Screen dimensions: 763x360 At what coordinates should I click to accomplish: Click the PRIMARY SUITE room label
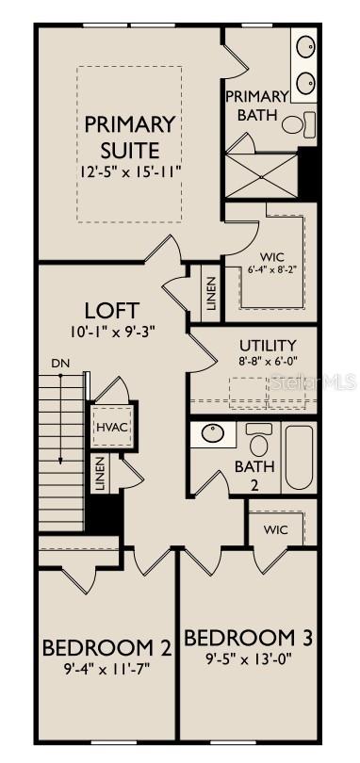[130, 137]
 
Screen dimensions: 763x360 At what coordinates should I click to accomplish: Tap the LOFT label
[112, 310]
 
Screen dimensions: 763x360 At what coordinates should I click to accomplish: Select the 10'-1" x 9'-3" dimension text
[112, 332]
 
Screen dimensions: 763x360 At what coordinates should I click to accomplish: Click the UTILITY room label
[268, 345]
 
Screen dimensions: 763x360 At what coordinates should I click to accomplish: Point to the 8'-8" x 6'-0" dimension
[268, 361]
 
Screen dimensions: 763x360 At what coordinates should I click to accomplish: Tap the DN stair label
[59, 363]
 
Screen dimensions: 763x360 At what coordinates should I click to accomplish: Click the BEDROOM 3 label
[249, 638]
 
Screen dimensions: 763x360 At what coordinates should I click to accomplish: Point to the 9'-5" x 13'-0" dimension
[249, 659]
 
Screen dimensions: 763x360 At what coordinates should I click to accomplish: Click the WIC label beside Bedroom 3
[275, 529]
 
